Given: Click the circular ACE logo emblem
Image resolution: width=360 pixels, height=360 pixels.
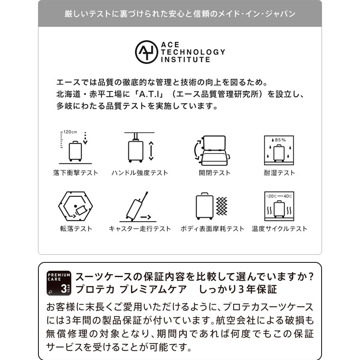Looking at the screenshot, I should tap(146, 52).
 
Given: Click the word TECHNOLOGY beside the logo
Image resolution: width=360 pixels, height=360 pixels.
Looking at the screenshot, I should tap(193, 52).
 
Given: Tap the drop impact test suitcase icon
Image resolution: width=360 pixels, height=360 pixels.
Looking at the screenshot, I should tap(75, 151).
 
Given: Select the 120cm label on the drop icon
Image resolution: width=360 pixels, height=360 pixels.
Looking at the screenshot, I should tap(70, 132).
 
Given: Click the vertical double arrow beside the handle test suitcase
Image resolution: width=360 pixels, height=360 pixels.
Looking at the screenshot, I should tap(151, 150).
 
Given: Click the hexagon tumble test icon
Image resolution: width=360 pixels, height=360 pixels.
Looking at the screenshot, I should tap(76, 206).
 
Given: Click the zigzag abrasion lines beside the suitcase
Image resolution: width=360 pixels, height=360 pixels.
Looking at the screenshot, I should tap(221, 206).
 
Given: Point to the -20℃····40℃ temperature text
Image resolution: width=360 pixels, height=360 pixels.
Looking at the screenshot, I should tap(279, 196).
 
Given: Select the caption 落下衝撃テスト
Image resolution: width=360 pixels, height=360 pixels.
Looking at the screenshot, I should tap(76, 173).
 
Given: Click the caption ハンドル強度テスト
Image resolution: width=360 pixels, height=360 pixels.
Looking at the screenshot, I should tap(140, 173).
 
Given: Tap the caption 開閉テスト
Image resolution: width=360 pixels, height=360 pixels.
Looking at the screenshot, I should tap(215, 173).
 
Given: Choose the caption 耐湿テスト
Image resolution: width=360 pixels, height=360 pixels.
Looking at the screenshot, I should tap(279, 173).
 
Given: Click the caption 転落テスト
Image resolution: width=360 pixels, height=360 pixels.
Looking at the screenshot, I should tap(76, 229).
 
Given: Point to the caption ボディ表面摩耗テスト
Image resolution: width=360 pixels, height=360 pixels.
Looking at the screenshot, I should tap(212, 229).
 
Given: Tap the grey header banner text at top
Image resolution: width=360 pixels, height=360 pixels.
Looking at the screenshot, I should tap(180, 14).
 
